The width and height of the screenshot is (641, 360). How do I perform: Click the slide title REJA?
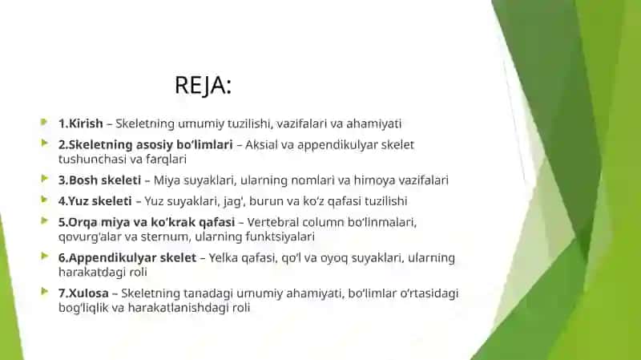click(x=204, y=86)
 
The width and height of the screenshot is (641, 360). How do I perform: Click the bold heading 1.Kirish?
click(x=81, y=123)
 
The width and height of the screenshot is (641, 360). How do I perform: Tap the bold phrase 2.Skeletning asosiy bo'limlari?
click(x=146, y=145)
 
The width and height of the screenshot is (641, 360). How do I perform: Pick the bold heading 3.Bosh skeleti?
click(x=99, y=180)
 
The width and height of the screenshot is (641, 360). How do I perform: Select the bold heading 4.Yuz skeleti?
click(x=95, y=201)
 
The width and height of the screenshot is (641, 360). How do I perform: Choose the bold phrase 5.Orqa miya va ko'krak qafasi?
click(x=147, y=222)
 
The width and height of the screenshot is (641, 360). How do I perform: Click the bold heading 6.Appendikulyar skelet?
click(x=127, y=257)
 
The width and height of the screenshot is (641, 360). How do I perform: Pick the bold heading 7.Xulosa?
click(x=83, y=293)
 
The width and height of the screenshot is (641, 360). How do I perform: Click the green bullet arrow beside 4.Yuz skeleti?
click(x=44, y=200)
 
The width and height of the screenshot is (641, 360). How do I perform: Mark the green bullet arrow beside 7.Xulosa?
click(x=44, y=292)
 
